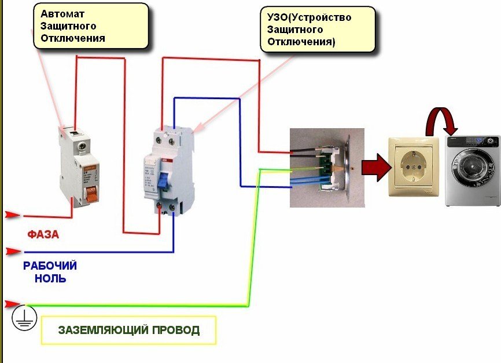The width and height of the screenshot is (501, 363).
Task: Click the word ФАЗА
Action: pyautogui.click(x=43, y=235)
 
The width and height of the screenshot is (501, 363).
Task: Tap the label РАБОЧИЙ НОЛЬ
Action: pyautogui.click(x=50, y=272)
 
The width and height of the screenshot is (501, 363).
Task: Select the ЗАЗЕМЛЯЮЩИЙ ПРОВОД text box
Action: pyautogui.click(x=128, y=331)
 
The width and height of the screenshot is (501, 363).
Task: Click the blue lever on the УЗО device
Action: pyautogui.click(x=164, y=180)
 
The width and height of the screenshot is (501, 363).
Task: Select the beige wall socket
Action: pyautogui.click(x=414, y=166)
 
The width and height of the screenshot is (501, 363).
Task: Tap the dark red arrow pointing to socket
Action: pyautogui.click(x=374, y=167)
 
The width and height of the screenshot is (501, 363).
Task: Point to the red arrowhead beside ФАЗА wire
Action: pyautogui.click(x=12, y=215)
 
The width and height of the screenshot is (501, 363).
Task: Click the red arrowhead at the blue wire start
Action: pyautogui.click(x=13, y=252)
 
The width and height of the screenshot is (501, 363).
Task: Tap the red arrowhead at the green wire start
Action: pyautogui.click(x=12, y=304)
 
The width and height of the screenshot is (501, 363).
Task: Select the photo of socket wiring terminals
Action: pyautogui.click(x=327, y=168)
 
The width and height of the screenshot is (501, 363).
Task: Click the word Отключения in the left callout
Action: pyautogui.click(x=72, y=38)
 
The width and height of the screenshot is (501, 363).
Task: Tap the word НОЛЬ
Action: pyautogui.click(x=50, y=278)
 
